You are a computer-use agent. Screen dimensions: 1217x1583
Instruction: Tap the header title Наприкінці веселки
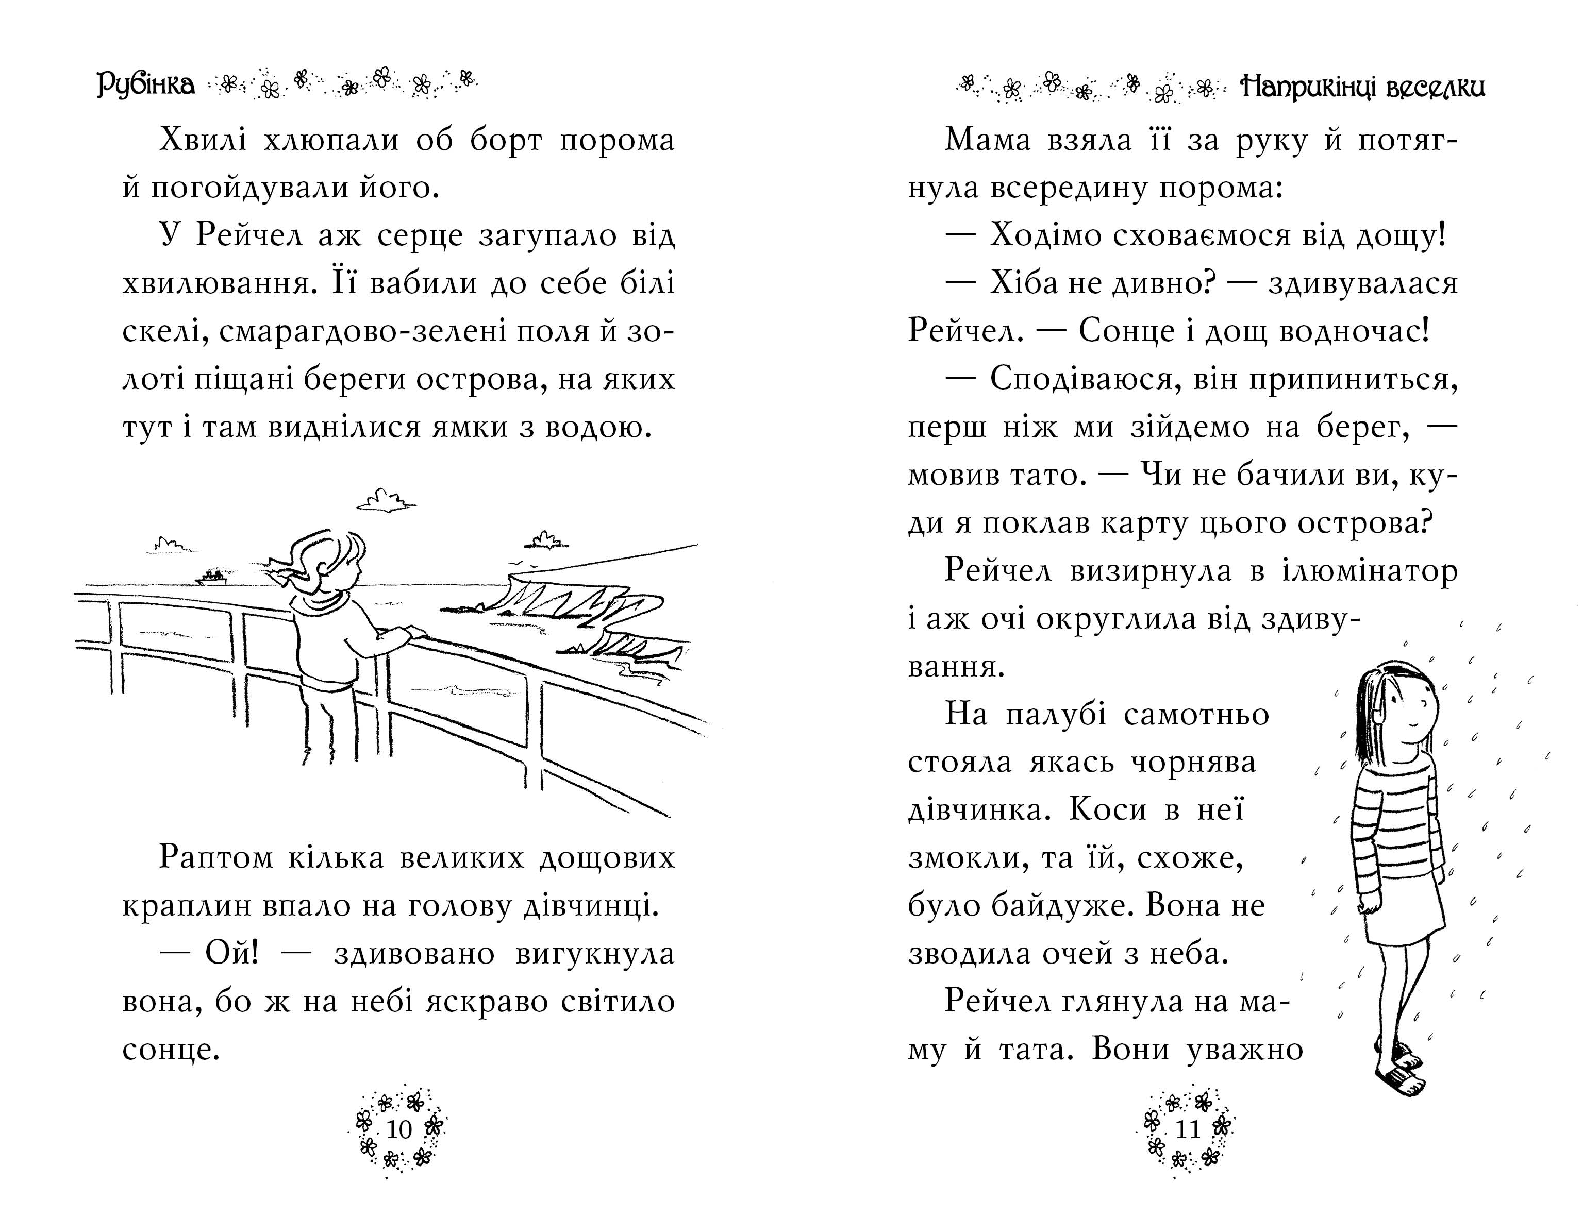(x=1362, y=87)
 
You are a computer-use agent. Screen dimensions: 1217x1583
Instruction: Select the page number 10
(x=399, y=1128)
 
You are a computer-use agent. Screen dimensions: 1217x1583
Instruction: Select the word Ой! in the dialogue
(x=232, y=953)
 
